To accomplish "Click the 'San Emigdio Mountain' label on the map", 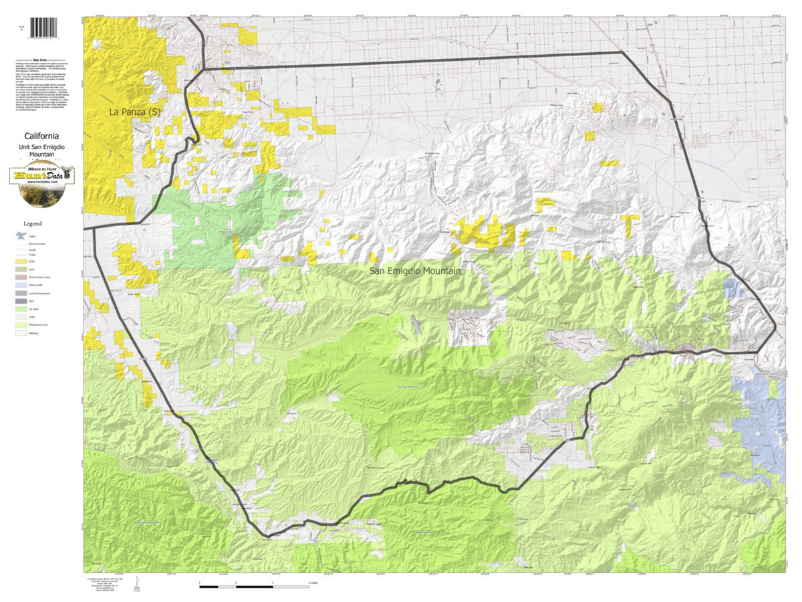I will [424, 272].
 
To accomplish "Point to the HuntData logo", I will [42, 177].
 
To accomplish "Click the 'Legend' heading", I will [33, 223].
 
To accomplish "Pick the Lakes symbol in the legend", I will [21, 235].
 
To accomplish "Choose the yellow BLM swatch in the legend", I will [21, 260].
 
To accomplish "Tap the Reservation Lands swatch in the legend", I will [21, 277].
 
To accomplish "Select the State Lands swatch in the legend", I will [21, 285].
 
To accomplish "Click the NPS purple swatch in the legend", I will [21, 301].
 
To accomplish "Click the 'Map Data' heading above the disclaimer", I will [41, 59].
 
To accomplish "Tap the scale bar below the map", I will [255, 587].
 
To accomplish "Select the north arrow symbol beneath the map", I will [137, 583].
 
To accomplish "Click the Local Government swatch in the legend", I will [21, 293].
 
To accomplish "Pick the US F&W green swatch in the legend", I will [21, 309].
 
